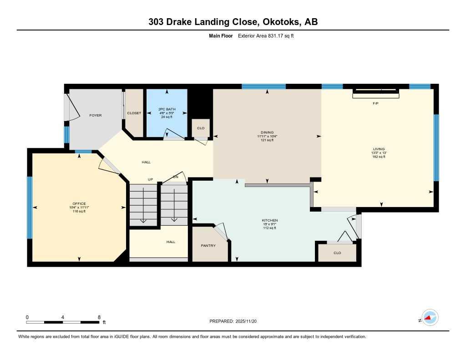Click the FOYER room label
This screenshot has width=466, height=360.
tap(95, 115)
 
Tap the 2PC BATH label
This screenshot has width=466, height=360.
tap(167, 109)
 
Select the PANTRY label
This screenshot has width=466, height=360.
tap(208, 245)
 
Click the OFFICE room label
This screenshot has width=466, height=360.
tap(79, 203)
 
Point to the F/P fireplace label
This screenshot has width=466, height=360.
tap(375, 104)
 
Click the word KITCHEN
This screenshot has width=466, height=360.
tap(269, 220)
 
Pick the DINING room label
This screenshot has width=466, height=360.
tap(267, 132)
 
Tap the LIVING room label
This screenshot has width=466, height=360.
tap(378, 149)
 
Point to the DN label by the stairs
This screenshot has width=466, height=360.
tap(175, 177)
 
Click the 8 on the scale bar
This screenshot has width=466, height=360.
tap(99, 317)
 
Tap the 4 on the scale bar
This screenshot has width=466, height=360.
tap(62, 317)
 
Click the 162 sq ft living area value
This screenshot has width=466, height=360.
tap(378, 157)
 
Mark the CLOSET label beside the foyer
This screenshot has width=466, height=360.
tap(134, 113)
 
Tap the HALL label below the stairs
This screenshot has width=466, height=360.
tap(171, 242)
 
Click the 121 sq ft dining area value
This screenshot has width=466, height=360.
tap(267, 140)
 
